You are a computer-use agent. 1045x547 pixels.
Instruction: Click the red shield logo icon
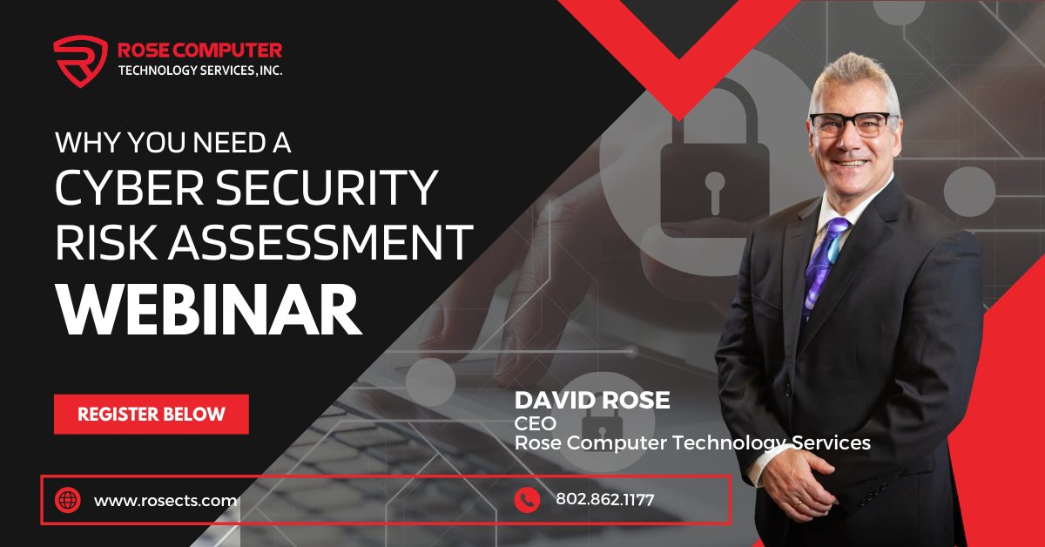tap(79, 60)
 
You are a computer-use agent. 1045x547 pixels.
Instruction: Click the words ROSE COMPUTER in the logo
tap(199, 51)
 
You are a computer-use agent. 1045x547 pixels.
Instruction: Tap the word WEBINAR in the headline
tap(209, 309)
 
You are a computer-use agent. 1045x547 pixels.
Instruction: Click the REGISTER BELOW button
tap(152, 414)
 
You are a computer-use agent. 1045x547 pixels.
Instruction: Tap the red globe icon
tap(67, 500)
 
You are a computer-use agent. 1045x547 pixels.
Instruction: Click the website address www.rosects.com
tap(165, 500)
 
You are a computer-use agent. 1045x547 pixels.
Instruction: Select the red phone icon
tap(526, 500)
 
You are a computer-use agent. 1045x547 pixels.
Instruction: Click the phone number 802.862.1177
tap(604, 500)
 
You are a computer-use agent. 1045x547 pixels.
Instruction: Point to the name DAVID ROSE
tap(592, 401)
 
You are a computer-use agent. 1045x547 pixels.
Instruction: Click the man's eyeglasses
tap(853, 122)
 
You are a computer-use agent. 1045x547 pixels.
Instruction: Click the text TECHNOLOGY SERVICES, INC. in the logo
tap(199, 71)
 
